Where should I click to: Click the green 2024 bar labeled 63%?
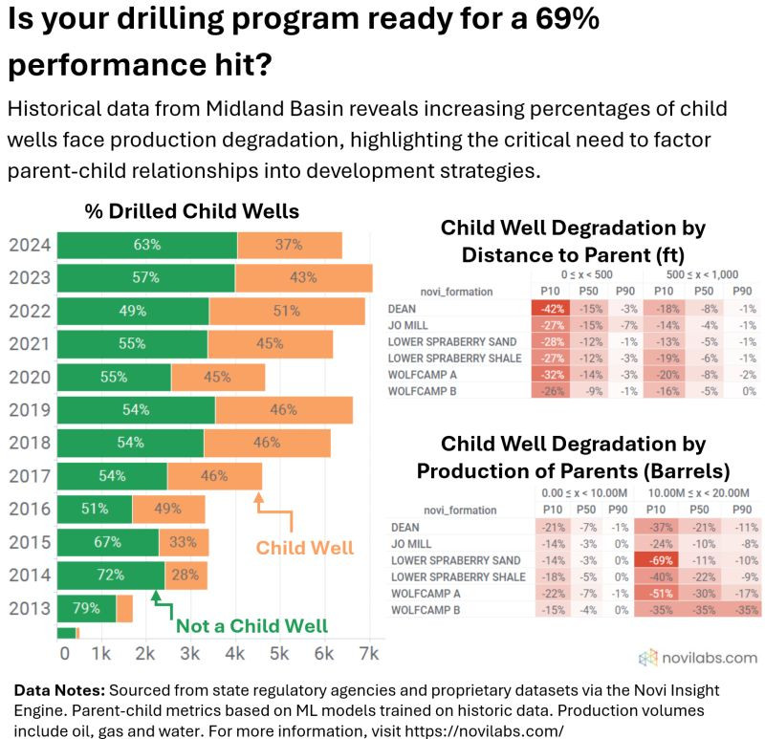[x=146, y=245]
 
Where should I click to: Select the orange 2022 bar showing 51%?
[x=287, y=311]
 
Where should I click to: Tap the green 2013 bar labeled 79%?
[x=86, y=608]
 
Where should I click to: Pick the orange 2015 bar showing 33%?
[x=184, y=542]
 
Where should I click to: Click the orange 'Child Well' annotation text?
[x=304, y=548]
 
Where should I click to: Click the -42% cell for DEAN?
[x=550, y=309]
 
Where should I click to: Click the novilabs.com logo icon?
[x=648, y=657]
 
